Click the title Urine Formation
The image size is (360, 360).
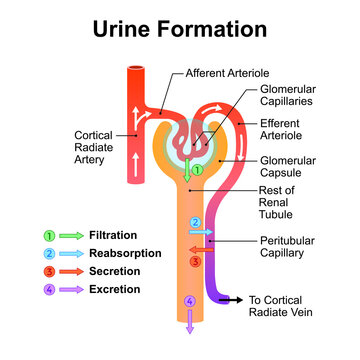[180, 29]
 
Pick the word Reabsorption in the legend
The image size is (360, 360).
[125, 253]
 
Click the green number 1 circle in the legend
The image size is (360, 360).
[47, 235]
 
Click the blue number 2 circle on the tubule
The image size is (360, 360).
[196, 222]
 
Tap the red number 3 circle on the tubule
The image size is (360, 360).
[196, 261]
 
